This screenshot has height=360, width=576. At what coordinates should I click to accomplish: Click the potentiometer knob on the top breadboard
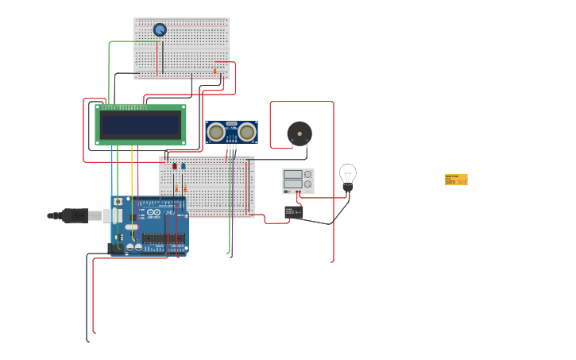160,29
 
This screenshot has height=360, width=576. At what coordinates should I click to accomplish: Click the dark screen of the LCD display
140,125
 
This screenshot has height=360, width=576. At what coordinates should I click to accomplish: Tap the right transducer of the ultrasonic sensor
247,132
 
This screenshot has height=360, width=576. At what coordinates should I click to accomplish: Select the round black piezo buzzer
300,134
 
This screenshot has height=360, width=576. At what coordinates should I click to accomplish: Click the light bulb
348,174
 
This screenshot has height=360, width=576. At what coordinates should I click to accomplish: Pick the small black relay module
294,212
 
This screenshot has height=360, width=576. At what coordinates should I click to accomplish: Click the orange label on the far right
456,180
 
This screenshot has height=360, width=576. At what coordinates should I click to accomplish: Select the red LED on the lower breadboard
175,167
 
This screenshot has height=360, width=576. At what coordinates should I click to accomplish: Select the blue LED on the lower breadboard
184,167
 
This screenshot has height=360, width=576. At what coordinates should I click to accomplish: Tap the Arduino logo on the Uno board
153,212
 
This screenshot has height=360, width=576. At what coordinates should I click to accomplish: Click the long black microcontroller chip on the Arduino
164,238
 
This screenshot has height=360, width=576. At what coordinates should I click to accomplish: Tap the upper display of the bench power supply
292,174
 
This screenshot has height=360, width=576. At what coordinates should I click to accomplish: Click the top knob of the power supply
307,174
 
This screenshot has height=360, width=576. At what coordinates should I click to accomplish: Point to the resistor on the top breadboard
215,71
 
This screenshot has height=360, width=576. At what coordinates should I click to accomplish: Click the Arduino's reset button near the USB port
118,202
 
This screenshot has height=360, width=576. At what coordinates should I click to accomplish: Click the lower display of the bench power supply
292,184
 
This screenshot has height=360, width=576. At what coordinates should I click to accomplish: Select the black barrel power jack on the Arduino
115,247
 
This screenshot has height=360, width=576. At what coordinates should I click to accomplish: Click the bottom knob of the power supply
307,184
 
